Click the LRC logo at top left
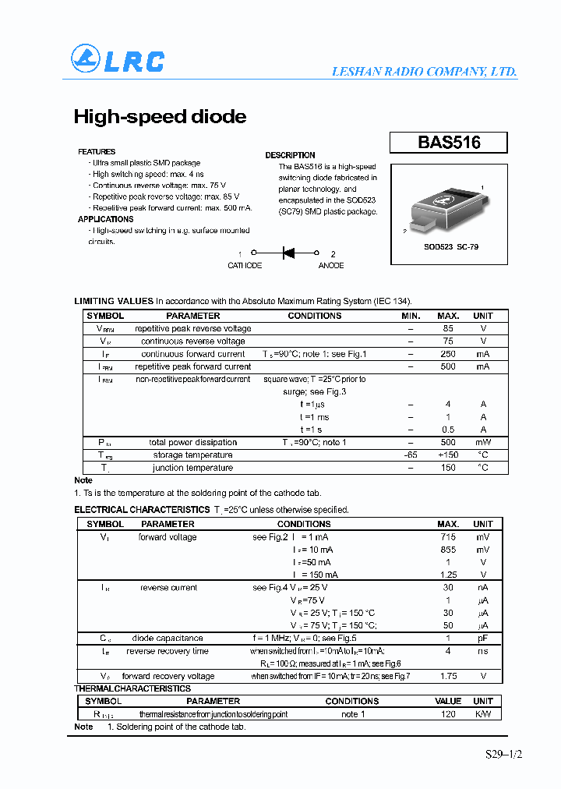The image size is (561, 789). coord(118,60)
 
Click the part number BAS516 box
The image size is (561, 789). coord(449,143)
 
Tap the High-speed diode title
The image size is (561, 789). coord(160,117)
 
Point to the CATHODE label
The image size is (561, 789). coord(245,266)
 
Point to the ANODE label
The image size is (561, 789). coord(331,266)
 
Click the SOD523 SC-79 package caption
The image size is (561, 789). coord(451,246)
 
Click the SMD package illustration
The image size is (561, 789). coord(447,207)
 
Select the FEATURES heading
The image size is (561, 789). coord(97,152)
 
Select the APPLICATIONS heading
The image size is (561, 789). coord(106,220)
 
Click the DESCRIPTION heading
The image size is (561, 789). coord(290,155)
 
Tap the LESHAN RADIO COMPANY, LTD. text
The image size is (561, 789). coord(424,72)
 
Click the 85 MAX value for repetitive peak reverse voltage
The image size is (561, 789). coord(448,328)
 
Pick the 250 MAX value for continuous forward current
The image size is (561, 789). coord(448,354)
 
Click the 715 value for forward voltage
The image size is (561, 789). coord(448,537)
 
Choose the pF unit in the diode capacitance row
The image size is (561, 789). coord(483,639)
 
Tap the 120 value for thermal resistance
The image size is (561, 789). coord(448,714)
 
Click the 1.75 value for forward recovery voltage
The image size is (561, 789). coord(448,676)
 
